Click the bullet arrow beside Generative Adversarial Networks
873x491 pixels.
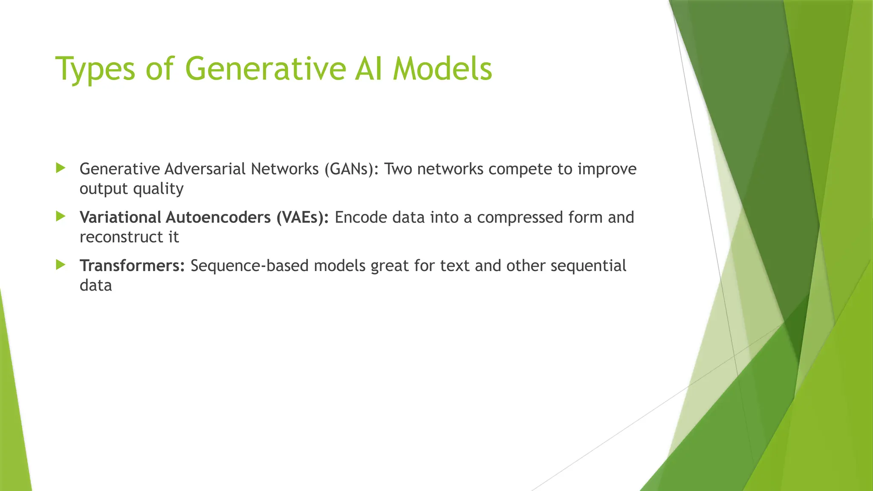tap(61, 168)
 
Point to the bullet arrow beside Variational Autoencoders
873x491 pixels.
tap(61, 217)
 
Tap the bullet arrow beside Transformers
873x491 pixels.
tap(61, 265)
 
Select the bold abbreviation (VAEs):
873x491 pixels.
tap(302, 217)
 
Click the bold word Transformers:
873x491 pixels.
tap(132, 266)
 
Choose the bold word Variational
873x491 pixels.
tap(120, 217)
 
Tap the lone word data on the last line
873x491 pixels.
tap(95, 285)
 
